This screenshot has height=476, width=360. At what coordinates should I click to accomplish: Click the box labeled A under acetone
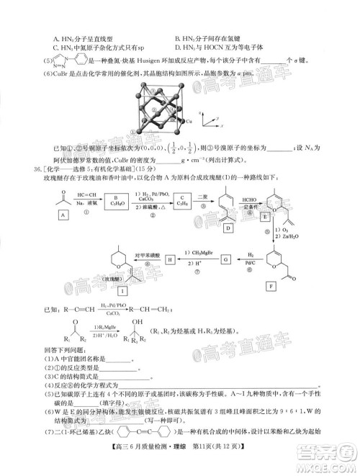[x=64, y=215]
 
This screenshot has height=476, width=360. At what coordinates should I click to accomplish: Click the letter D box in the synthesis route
[x=228, y=228]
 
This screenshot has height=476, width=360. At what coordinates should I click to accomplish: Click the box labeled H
[x=171, y=259]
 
